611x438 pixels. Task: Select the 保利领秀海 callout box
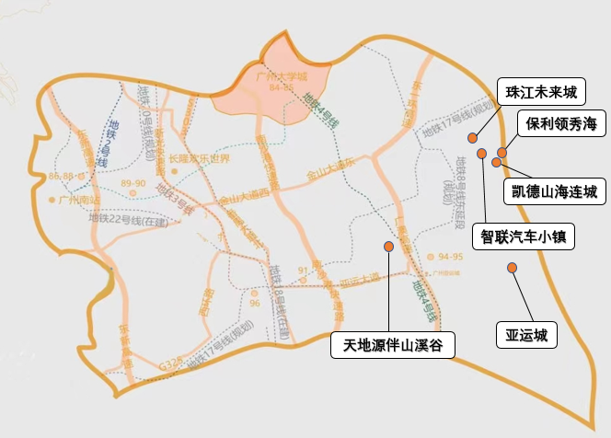point(561,124)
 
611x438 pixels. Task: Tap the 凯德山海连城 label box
point(554,191)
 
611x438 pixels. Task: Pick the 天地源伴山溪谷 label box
point(393,345)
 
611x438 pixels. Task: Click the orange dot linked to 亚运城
point(513,268)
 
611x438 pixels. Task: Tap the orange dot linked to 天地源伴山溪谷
point(389,247)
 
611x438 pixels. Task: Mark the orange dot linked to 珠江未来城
point(472,138)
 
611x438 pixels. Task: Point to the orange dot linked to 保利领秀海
point(502,153)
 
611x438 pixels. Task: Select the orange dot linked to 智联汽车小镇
point(481,153)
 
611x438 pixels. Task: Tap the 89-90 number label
point(133,184)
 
